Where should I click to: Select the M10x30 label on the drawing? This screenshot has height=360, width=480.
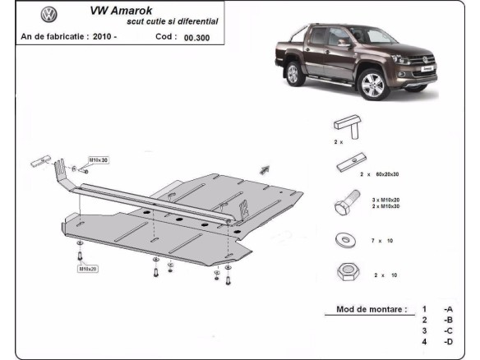(x=99, y=160)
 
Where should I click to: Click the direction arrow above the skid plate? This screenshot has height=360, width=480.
(x=265, y=169)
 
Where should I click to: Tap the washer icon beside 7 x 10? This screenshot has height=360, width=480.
(x=343, y=239)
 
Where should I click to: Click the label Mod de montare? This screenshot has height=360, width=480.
(x=372, y=310)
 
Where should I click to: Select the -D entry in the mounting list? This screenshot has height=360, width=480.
(x=448, y=341)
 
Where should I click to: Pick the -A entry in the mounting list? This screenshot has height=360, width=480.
(x=448, y=310)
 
